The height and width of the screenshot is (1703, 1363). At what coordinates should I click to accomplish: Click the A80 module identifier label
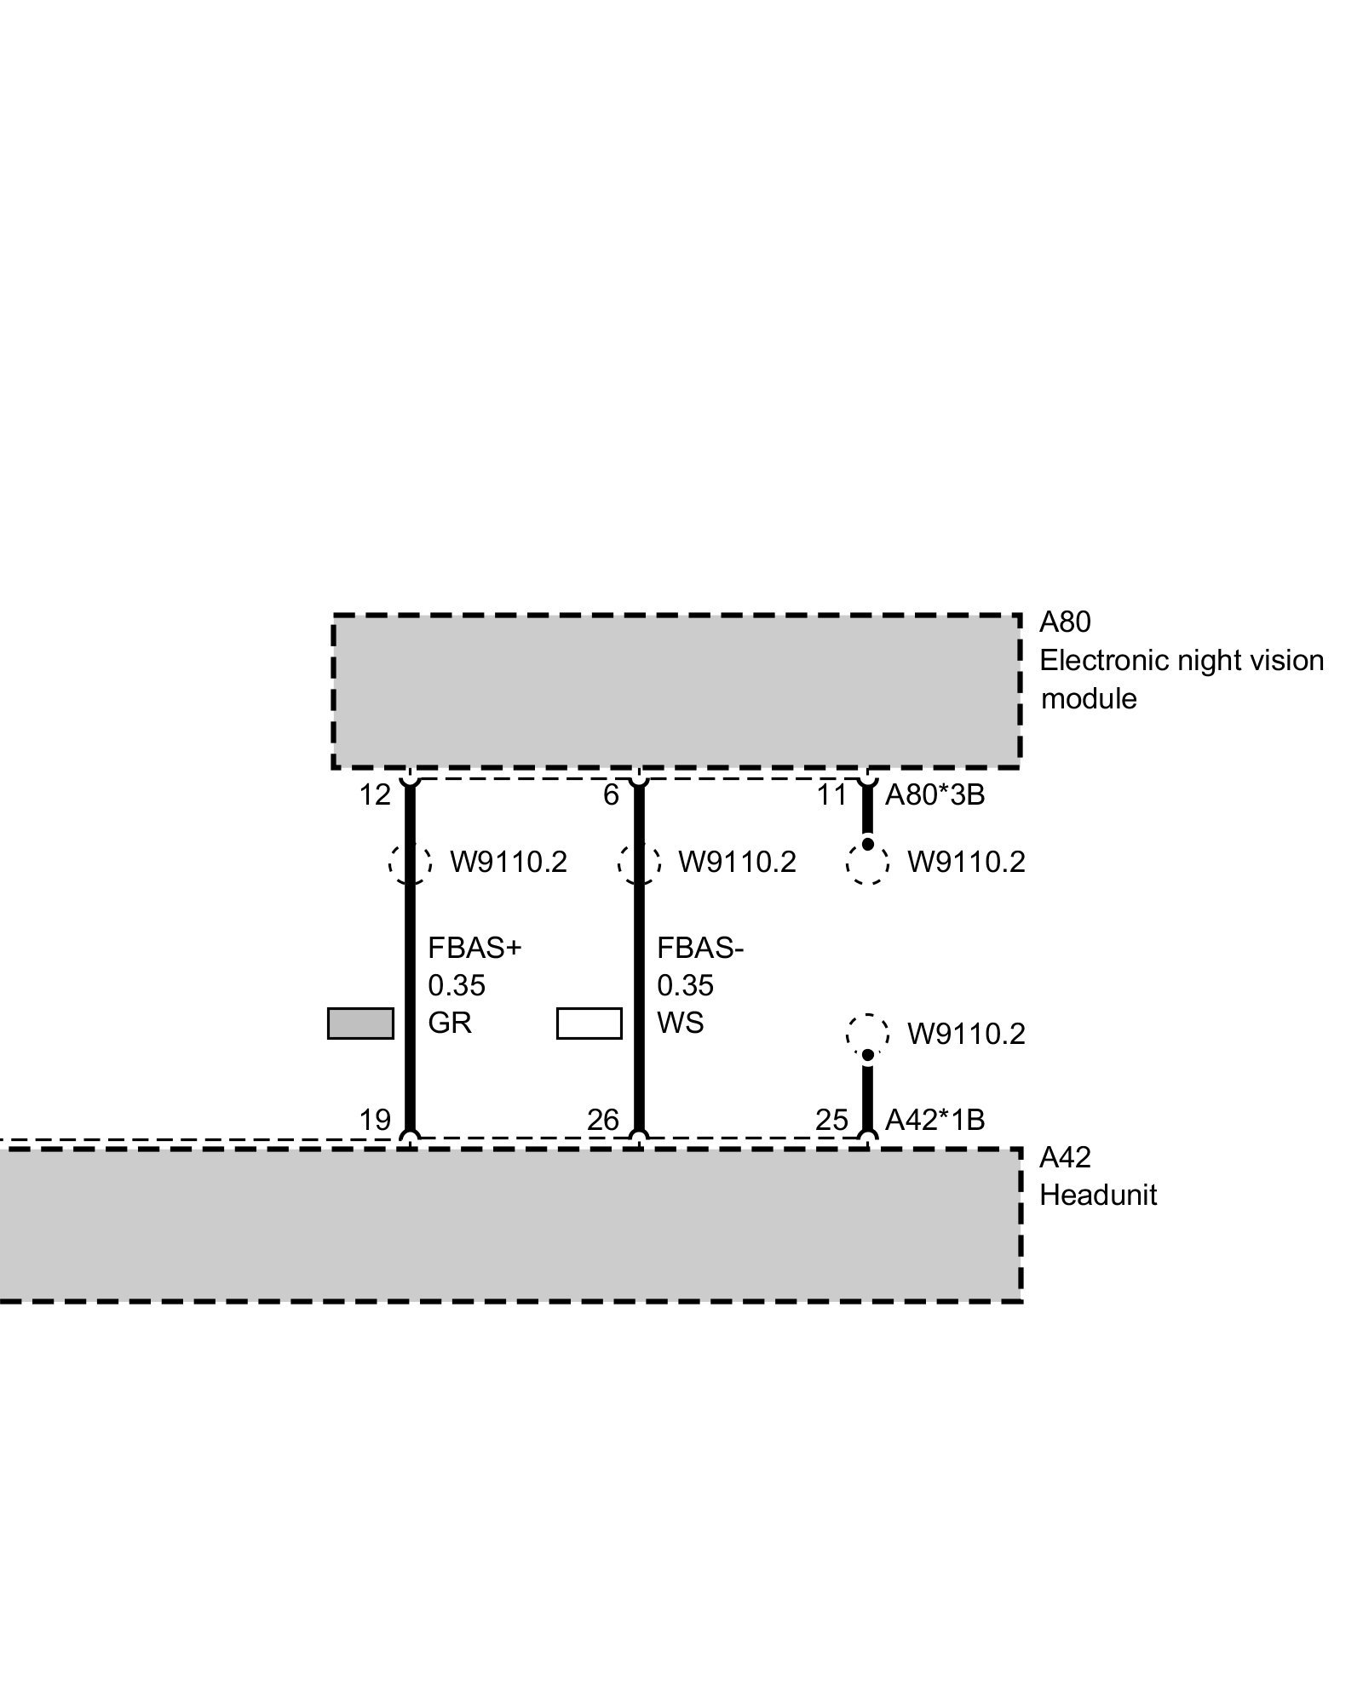point(1064,622)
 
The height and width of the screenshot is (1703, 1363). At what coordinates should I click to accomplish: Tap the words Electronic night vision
point(1182,661)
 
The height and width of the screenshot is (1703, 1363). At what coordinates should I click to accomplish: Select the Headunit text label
point(1098,1195)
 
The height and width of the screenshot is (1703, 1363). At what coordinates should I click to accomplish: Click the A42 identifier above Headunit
point(1064,1157)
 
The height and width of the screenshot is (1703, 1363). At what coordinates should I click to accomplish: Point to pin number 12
point(374,795)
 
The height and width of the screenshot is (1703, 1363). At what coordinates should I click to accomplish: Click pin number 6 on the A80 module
point(611,795)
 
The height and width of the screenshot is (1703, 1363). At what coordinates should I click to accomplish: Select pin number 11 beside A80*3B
point(831,795)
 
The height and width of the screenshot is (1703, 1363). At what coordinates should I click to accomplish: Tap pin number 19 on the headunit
point(374,1120)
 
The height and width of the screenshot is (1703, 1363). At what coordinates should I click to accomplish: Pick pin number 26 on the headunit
point(602,1120)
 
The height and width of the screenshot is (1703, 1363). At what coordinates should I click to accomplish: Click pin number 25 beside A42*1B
point(831,1120)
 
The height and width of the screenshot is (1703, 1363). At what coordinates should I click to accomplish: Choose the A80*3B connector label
point(935,795)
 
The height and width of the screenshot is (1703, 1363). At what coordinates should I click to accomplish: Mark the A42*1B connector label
point(935,1120)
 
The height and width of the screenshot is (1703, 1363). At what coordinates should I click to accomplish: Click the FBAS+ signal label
point(474,948)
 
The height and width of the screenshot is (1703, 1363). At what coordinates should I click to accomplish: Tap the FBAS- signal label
point(700,948)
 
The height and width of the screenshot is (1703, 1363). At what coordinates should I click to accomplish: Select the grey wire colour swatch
point(360,1024)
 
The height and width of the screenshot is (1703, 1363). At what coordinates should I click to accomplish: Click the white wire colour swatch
point(589,1024)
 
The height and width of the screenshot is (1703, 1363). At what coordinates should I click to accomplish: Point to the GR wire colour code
point(449,1023)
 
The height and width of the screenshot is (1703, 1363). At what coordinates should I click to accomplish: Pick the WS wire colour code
point(680,1023)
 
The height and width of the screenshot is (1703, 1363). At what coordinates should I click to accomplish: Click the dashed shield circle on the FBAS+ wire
point(410,863)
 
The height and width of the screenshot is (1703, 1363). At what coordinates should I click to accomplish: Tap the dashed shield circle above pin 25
point(867,1034)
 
